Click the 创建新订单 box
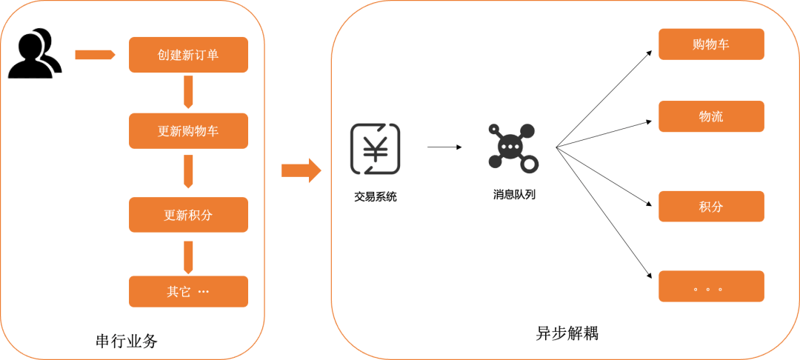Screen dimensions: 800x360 188,55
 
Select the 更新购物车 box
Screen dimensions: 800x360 188,131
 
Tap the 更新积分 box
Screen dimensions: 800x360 188,215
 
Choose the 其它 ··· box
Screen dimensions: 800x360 188,292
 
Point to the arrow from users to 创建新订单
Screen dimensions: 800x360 96,55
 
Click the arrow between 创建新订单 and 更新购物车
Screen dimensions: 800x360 188,92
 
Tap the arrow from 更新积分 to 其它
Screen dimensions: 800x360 188,257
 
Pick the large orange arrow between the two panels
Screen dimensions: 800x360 301,170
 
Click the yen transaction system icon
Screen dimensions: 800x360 375,148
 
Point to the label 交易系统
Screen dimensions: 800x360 375,197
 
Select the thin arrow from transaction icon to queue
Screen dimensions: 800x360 444,147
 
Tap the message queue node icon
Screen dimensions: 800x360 513,147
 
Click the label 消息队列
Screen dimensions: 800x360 514,194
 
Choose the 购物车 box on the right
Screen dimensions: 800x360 711,44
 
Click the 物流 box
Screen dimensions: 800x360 711,116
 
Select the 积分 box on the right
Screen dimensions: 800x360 711,207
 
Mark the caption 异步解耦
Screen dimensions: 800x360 567,333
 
